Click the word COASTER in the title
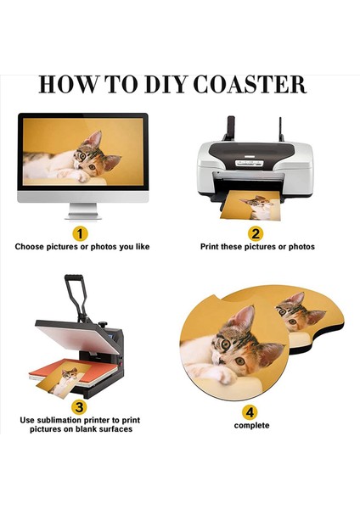(x=250, y=85)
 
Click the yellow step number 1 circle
(x=80, y=234)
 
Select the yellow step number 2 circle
(x=256, y=234)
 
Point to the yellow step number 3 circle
(x=79, y=407)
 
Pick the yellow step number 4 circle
(x=250, y=412)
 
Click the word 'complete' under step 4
(x=251, y=425)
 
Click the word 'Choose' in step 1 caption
(x=29, y=247)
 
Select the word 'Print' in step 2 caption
(x=209, y=247)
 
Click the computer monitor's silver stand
(x=83, y=211)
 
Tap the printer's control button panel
(x=250, y=163)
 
